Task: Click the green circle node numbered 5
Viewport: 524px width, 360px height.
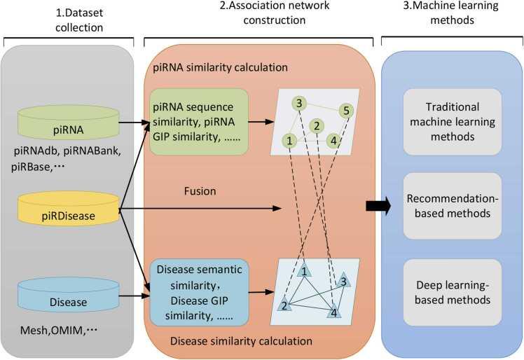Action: point(345,111)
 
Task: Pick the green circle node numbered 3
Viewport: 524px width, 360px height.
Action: point(298,104)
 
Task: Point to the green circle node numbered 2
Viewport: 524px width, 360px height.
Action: point(317,126)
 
